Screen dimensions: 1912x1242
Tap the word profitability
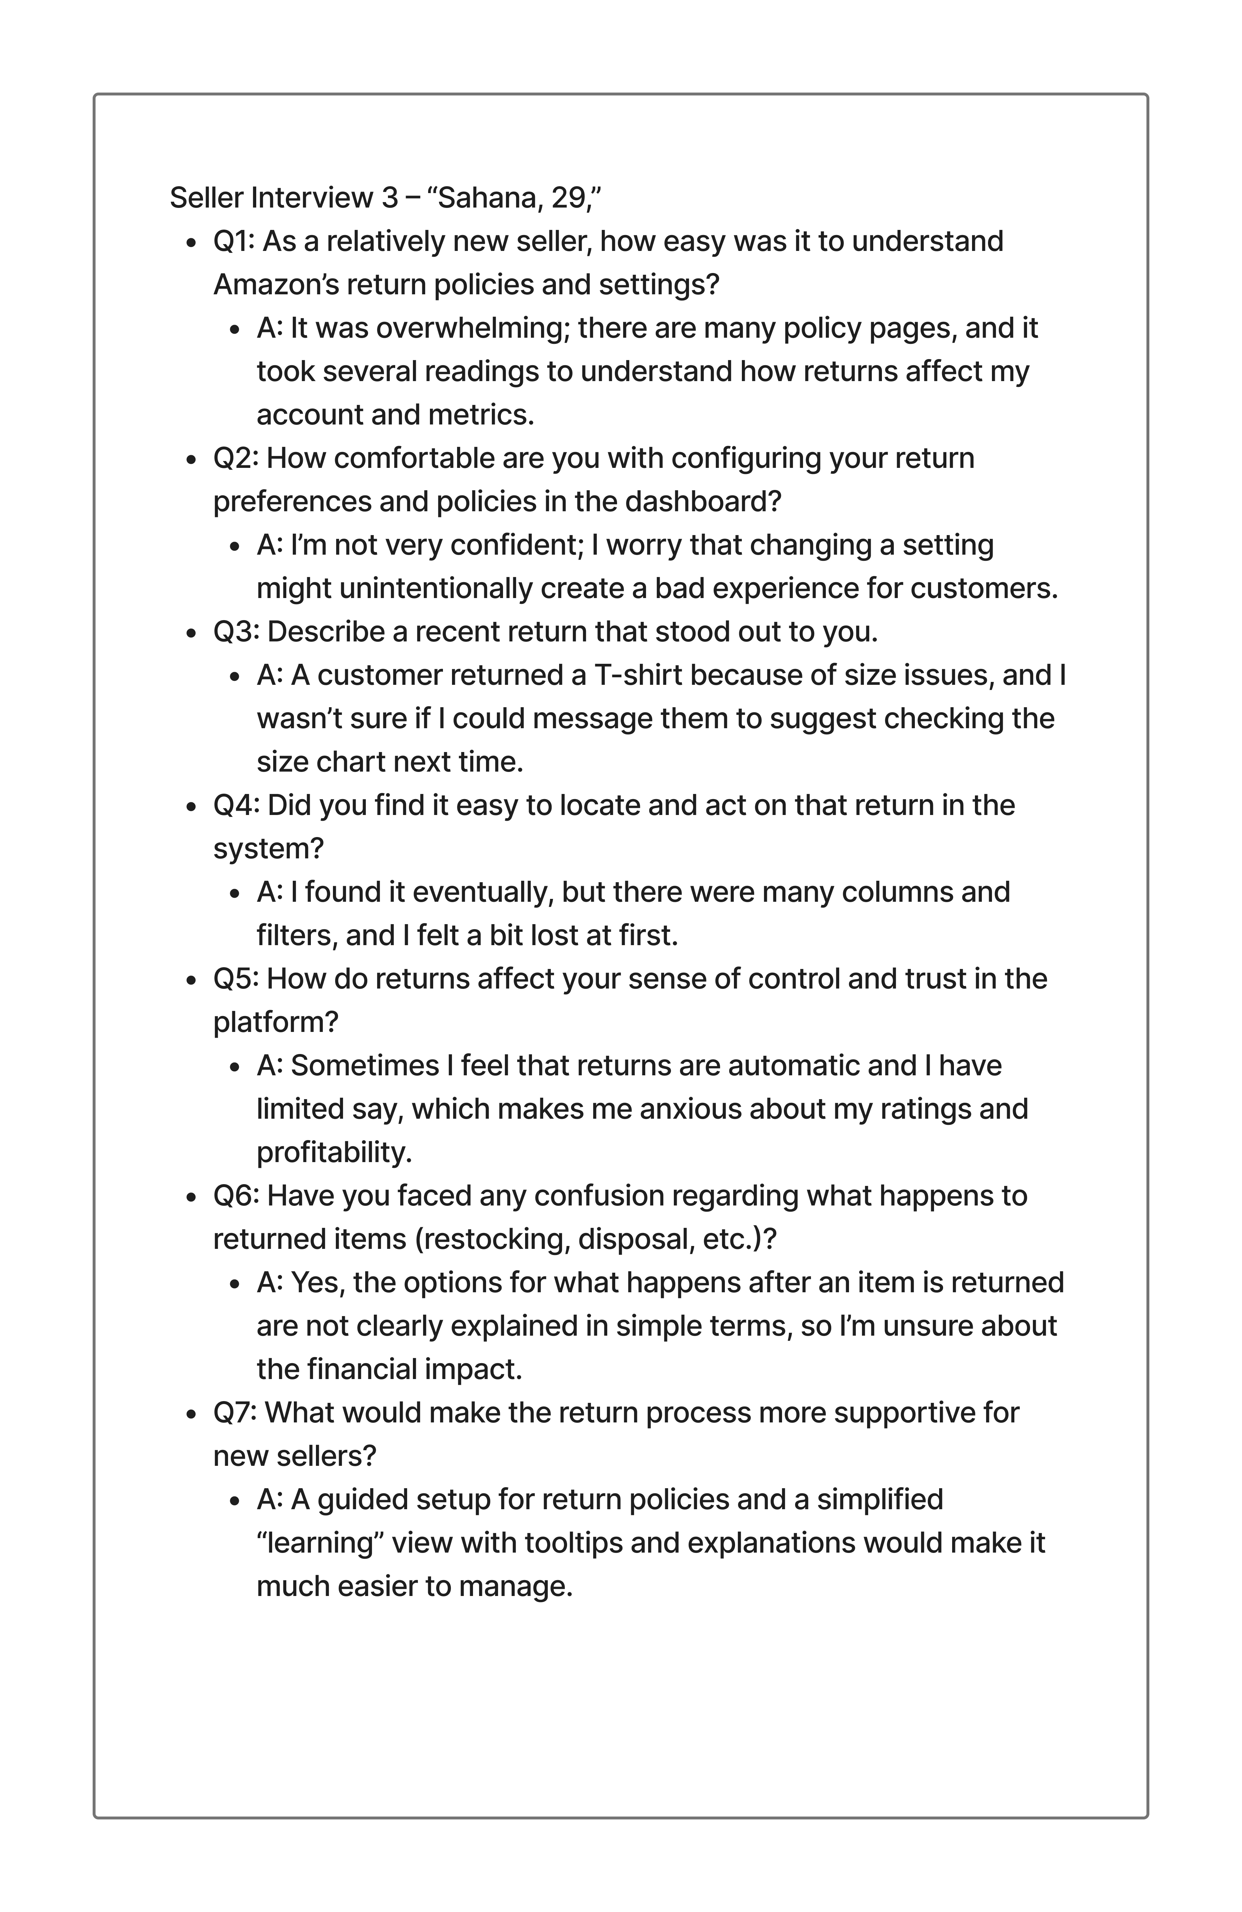coord(334,1152)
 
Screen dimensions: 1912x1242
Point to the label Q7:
coord(235,1412)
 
